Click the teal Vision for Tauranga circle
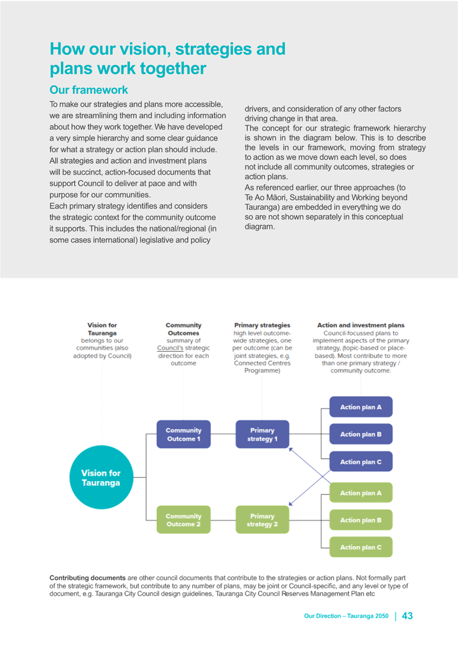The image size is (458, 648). (101, 477)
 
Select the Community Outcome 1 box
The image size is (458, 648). (184, 434)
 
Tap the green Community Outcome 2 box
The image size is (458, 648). (184, 520)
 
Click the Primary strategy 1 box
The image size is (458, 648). (263, 434)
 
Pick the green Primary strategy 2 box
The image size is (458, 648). (263, 520)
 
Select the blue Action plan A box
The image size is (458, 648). (361, 407)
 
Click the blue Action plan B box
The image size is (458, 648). (361, 434)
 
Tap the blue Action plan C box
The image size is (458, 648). (361, 462)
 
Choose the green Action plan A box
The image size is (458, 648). (361, 493)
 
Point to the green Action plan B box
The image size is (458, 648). (361, 520)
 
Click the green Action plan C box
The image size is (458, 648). (361, 547)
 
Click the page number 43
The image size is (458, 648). (407, 616)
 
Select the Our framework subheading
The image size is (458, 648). (89, 90)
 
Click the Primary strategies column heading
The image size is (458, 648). (263, 325)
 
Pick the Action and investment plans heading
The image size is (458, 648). (361, 325)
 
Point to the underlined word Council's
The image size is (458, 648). (170, 348)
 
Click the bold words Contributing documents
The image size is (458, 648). (88, 578)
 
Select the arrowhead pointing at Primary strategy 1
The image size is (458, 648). (291, 450)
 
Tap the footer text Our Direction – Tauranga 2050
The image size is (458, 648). (346, 616)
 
